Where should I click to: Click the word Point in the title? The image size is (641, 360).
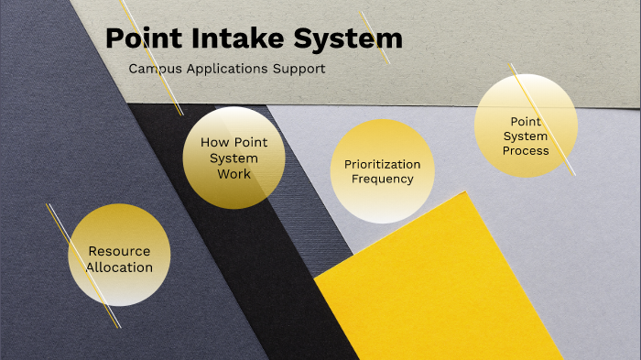tap(142, 38)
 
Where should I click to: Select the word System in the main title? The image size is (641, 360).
tap(349, 38)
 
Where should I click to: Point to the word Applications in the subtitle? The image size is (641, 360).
tap(224, 69)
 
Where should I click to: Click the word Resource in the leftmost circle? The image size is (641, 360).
tap(119, 251)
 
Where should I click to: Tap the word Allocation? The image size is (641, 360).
tap(119, 267)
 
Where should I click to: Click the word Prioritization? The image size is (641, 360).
tap(383, 164)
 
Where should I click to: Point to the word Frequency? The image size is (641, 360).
tap(383, 179)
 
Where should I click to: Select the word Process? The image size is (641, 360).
tap(526, 150)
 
